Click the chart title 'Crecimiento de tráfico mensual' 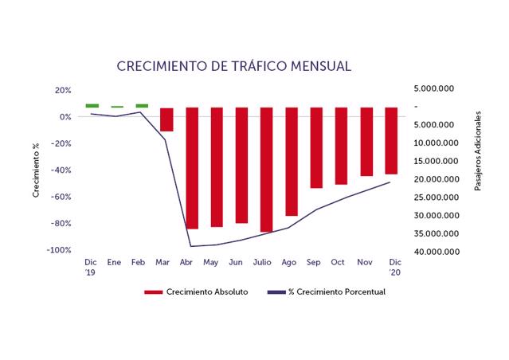click(233, 65)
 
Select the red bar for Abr click(192, 168)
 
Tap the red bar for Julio click(266, 170)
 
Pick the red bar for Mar click(166, 119)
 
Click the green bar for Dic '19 click(92, 105)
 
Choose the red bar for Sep click(316, 147)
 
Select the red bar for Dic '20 click(391, 140)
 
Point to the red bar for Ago click(292, 162)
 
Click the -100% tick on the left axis click(61, 250)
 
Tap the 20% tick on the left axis click(64, 90)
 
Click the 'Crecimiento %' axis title click(36, 170)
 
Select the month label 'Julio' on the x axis click(262, 261)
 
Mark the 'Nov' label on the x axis click(365, 261)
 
